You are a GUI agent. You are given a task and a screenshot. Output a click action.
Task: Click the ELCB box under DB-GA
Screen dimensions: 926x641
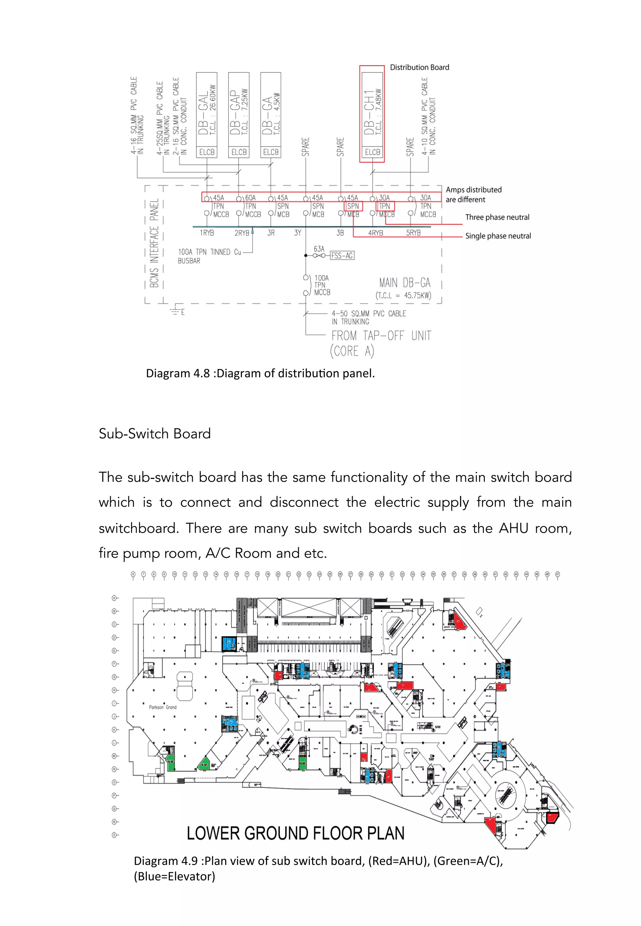coord(271,152)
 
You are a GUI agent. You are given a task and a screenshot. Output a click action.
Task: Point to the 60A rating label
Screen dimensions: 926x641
coord(250,197)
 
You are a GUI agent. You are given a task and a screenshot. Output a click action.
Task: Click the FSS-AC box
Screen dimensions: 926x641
coord(342,255)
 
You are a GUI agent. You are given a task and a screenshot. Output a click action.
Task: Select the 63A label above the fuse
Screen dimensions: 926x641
coord(319,249)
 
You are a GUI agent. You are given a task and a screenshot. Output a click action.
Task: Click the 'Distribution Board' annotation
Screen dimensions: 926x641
coord(419,68)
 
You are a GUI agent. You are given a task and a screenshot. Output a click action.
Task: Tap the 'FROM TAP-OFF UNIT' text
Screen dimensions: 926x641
coord(381,336)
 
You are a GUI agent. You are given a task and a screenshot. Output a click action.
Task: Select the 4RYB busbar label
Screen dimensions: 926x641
coord(376,233)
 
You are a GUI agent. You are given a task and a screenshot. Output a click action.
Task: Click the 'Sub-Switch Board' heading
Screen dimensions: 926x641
coord(155,433)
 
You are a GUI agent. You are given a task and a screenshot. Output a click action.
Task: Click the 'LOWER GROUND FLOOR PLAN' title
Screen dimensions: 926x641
coord(295,833)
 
